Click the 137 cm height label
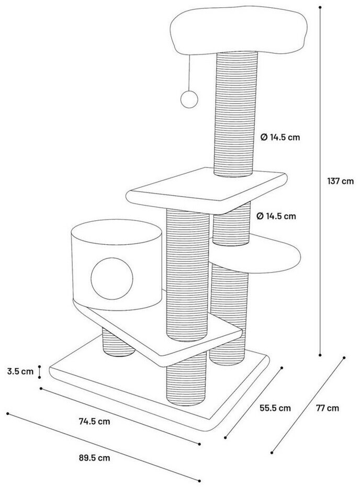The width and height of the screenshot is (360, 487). pyautogui.click(x=340, y=182)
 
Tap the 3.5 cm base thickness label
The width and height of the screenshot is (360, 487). pyautogui.click(x=20, y=372)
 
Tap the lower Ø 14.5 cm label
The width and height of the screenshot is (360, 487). pyautogui.click(x=275, y=216)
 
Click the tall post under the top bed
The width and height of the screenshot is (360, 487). pyautogui.click(x=234, y=112)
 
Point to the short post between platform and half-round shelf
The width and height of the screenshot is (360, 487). pyautogui.click(x=230, y=228)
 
